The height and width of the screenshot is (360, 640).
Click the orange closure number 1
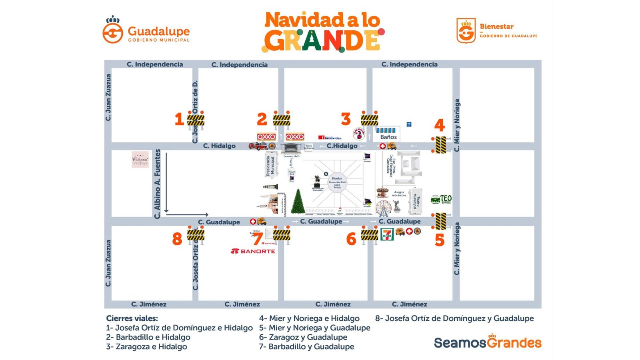point(179,119)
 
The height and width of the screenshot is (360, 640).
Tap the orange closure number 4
point(439,126)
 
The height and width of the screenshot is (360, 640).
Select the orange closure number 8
point(177,239)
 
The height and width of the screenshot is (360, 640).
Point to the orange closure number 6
point(351,239)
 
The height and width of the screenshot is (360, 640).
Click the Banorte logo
point(253,251)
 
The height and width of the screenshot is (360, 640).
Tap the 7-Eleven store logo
point(387,234)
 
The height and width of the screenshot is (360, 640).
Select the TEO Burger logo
point(441,199)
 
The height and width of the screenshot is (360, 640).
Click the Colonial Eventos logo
point(140,159)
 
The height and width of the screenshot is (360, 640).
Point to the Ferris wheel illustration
point(383,208)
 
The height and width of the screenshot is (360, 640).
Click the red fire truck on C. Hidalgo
point(257,146)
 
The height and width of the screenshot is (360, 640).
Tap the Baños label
point(388,137)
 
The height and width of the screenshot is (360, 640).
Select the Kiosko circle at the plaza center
point(337,182)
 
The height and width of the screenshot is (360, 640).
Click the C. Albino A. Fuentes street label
point(157,184)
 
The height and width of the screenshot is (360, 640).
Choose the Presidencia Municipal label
point(270,166)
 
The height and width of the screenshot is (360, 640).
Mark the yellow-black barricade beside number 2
point(282,120)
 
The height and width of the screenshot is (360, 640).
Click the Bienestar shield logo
point(466,30)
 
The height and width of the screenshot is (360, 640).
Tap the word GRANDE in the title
point(322,40)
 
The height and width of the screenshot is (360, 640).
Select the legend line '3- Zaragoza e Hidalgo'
point(146,347)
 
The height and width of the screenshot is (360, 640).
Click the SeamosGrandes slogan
point(487,342)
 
